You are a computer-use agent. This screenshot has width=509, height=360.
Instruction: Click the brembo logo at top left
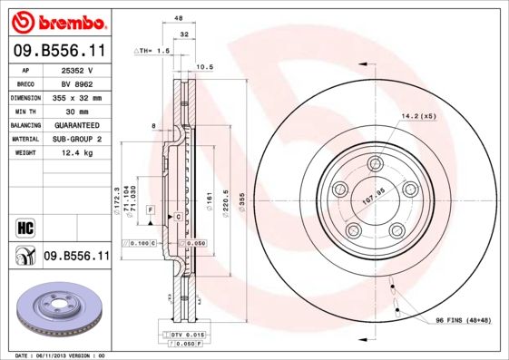(x=56, y=20)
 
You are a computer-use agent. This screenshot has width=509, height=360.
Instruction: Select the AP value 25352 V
(x=78, y=69)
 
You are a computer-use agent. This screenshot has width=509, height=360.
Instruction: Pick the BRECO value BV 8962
(x=78, y=83)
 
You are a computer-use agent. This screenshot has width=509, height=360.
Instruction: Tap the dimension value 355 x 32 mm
(x=78, y=96)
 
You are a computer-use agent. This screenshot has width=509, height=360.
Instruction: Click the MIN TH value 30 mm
(x=78, y=111)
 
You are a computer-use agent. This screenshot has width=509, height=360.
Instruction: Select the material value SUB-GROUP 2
(x=78, y=139)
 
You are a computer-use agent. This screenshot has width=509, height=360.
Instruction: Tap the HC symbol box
(x=24, y=227)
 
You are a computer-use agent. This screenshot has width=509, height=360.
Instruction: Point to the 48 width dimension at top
(x=179, y=18)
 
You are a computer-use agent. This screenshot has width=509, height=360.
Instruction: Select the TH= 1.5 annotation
(x=153, y=52)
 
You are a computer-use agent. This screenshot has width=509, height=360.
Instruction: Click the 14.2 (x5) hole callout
(x=418, y=116)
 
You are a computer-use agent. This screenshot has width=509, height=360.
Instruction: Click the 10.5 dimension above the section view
(x=205, y=66)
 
